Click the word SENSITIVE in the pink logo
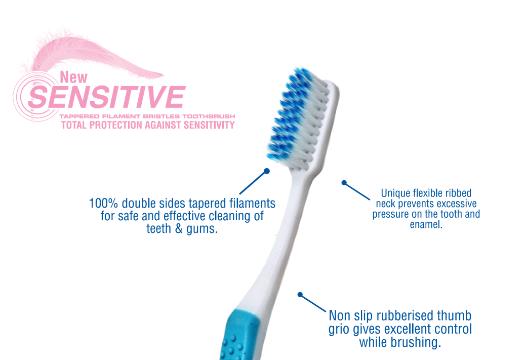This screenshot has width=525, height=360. [x=107, y=97]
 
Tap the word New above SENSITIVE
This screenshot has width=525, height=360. [x=73, y=77]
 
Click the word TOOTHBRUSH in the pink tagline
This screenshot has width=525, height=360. [x=209, y=116]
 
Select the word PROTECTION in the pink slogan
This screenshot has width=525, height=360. [x=116, y=125]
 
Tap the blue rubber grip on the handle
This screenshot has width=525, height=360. [x=239, y=335]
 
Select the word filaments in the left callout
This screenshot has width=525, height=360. [x=252, y=203]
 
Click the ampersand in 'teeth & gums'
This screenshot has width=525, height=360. [x=179, y=229]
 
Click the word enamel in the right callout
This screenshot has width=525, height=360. [x=426, y=225]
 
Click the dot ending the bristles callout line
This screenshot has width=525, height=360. [x=267, y=171]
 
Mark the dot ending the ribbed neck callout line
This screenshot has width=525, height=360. [x=344, y=182]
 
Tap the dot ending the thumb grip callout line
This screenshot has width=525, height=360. [x=300, y=294]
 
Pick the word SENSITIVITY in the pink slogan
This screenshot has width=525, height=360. [x=209, y=125]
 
